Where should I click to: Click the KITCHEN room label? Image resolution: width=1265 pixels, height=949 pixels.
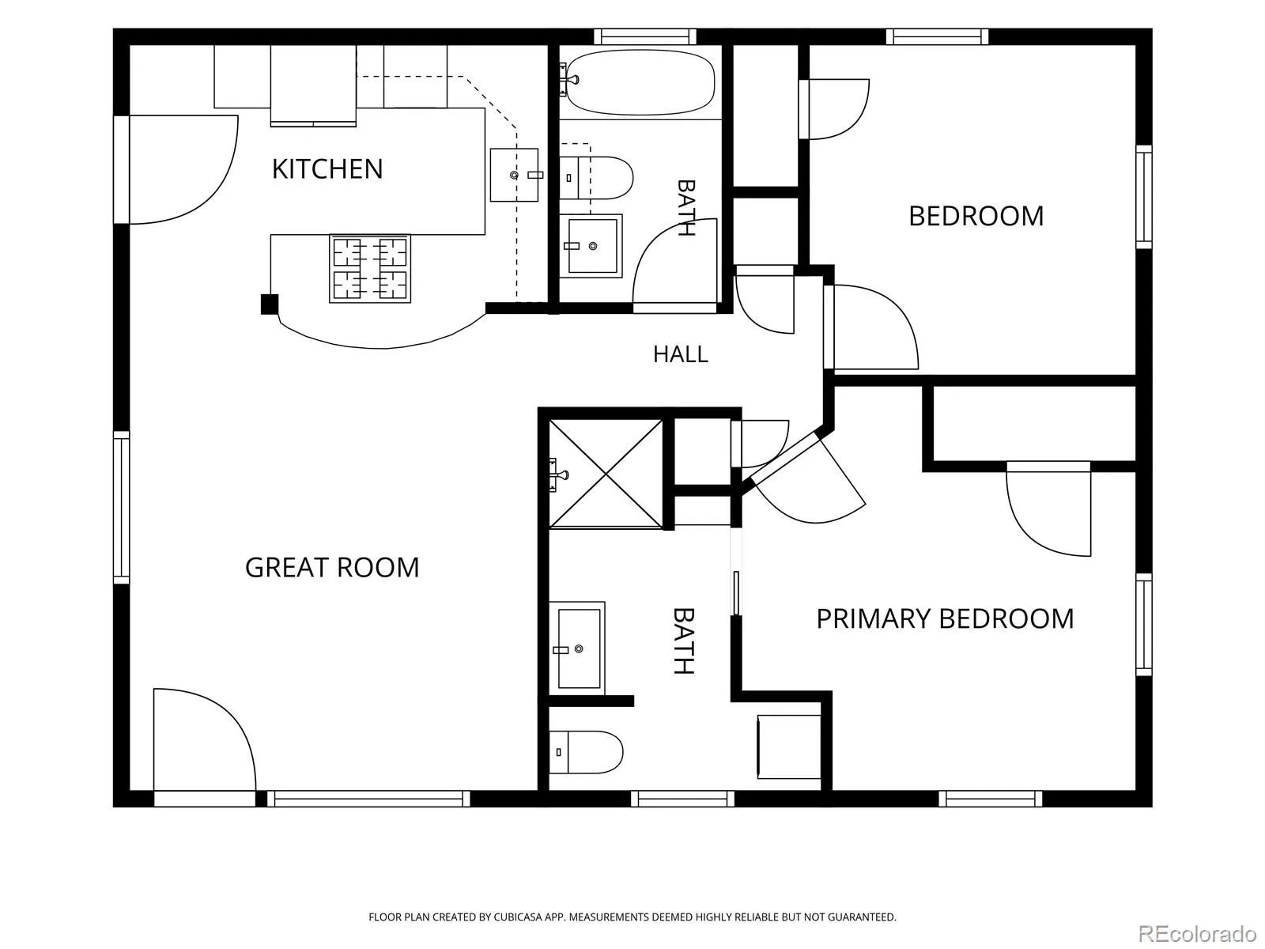[327, 168]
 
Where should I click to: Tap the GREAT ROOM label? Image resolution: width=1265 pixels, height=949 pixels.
[332, 568]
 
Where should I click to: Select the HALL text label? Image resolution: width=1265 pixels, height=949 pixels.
[680, 354]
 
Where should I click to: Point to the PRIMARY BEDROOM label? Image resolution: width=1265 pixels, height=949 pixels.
[945, 619]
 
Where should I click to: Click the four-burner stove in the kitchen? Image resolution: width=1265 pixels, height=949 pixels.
[370, 269]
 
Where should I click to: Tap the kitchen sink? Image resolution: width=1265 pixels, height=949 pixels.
[514, 175]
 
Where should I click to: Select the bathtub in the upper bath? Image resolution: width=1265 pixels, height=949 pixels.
[640, 82]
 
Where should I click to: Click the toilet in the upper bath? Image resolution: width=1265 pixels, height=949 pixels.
[596, 177]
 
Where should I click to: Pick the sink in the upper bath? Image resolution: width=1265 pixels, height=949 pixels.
[591, 246]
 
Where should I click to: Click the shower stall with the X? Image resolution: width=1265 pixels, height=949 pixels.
[606, 474]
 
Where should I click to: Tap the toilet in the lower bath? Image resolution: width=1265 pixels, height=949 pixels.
[586, 752]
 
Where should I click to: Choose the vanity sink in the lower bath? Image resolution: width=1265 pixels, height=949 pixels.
[577, 648]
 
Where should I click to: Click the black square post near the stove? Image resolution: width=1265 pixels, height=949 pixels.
[270, 304]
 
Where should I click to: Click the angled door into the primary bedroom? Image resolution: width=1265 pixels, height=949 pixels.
[807, 478]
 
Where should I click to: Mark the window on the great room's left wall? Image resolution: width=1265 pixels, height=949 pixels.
[121, 508]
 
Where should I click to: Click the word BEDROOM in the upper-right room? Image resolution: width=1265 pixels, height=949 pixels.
[976, 217]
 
